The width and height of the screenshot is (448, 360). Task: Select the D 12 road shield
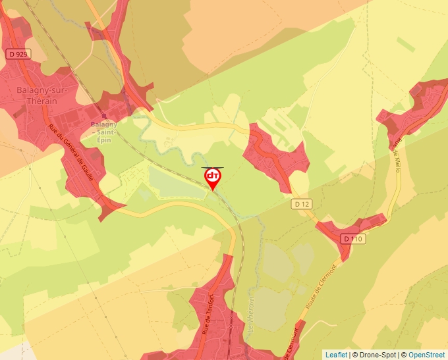pos(302,205)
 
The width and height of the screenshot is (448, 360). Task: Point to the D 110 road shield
pos(353,238)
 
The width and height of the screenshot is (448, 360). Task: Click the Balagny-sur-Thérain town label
pos(38,95)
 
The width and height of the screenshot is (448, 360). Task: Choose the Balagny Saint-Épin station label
pos(104,128)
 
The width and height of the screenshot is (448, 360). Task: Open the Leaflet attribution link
pos(337,355)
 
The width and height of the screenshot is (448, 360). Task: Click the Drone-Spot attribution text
pos(375,355)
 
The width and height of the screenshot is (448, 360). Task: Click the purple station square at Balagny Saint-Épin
pos(104,116)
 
